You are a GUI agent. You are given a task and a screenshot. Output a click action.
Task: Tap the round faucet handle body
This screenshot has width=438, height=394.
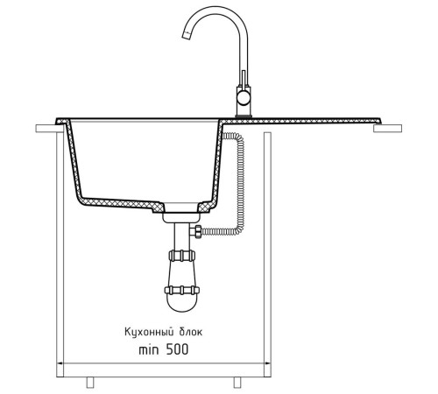pos(243,98)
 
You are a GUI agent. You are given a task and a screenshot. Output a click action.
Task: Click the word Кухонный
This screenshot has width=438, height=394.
pos(146,332)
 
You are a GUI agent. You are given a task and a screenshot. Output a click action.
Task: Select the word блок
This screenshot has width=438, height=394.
pos(189,332)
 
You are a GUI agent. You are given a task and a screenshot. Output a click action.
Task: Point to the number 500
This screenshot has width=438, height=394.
pos(177,349)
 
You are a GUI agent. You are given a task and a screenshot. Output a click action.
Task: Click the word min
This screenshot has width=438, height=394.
pos(149,349)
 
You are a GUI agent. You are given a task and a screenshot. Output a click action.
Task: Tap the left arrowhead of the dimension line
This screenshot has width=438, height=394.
pos(60,363)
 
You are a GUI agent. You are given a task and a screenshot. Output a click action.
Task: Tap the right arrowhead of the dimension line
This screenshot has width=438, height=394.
pos(267,363)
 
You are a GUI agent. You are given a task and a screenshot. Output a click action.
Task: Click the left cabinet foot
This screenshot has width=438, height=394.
pos(90,383)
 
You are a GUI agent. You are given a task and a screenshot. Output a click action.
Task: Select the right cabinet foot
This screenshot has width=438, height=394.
pos(237,383)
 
